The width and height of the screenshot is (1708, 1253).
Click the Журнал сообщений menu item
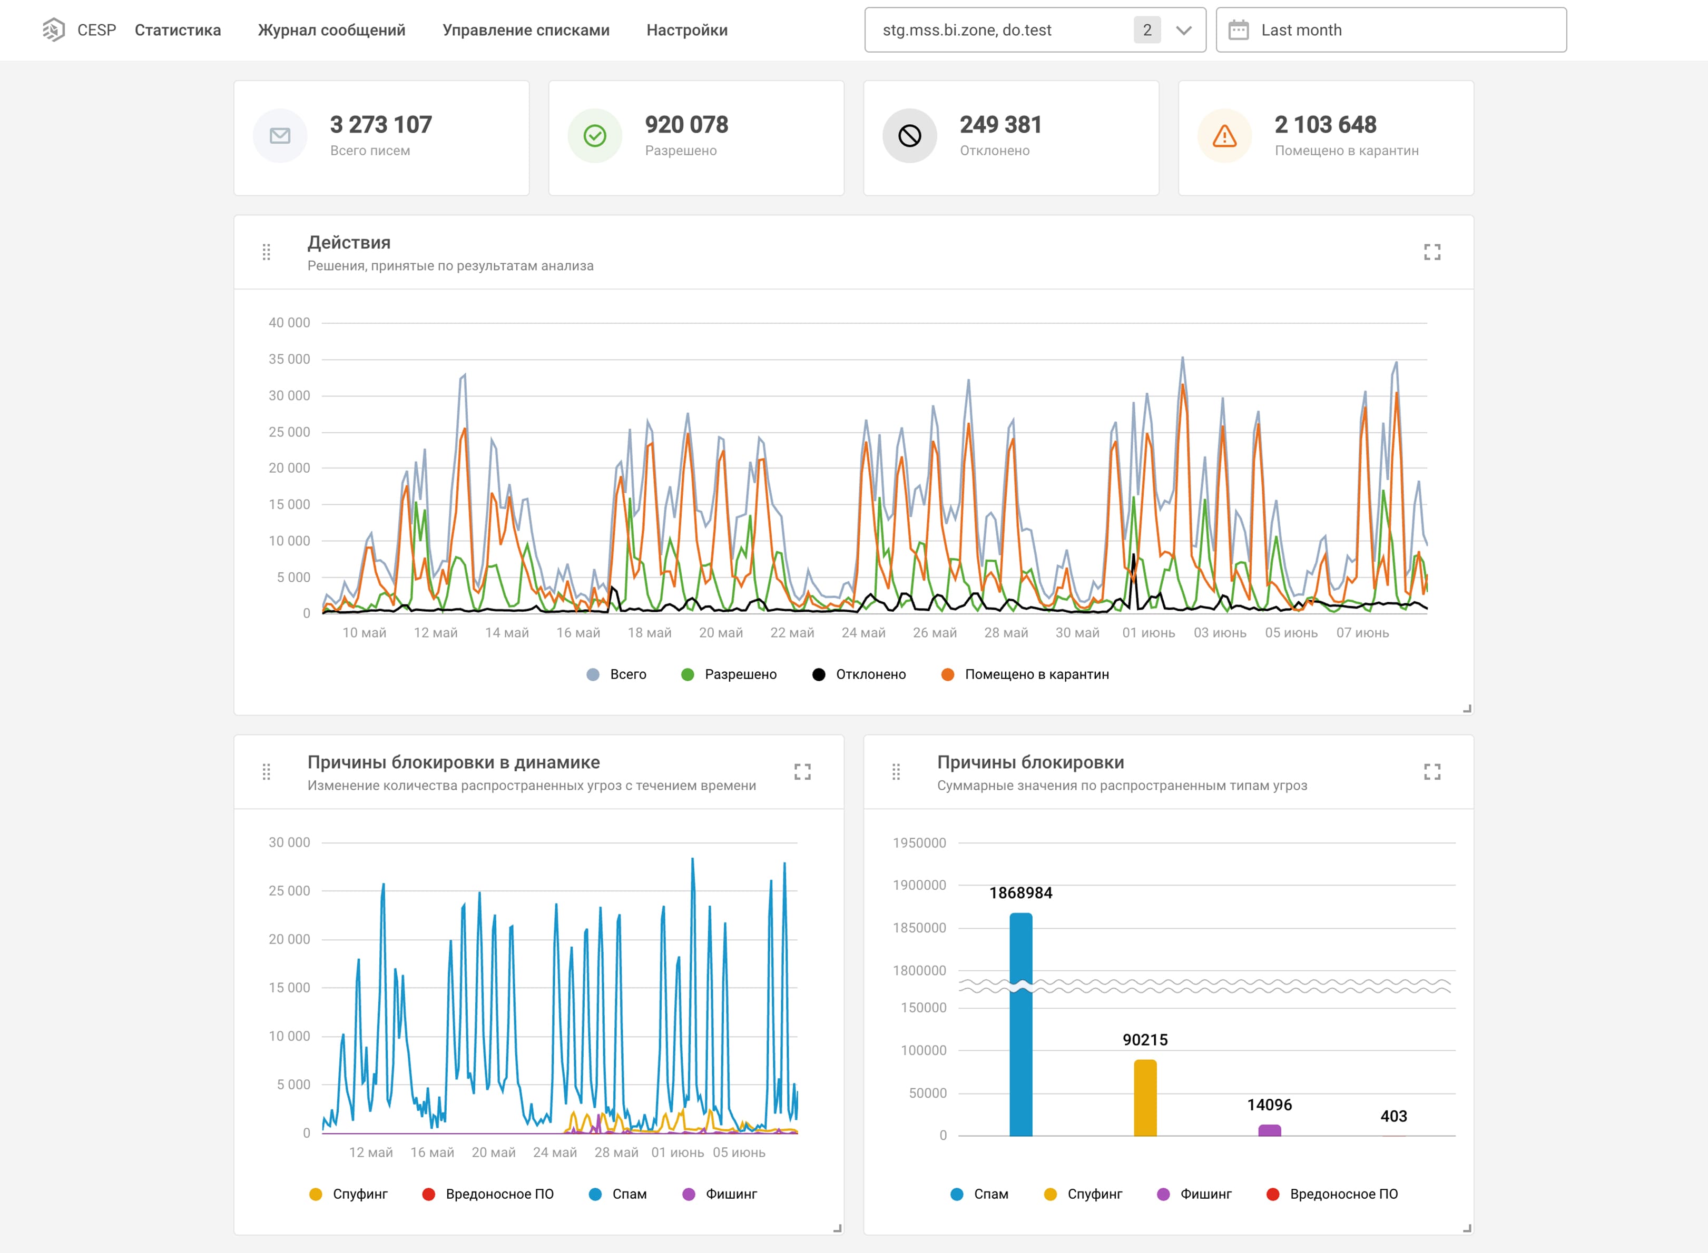pyautogui.click(x=331, y=31)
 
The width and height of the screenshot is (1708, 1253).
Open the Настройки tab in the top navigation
pyautogui.click(x=686, y=31)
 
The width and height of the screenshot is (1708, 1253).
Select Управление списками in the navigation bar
pyautogui.click(x=526, y=31)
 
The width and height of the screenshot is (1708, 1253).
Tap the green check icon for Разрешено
pyautogui.click(x=595, y=136)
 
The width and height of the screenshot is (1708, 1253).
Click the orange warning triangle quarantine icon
pyautogui.click(x=1225, y=136)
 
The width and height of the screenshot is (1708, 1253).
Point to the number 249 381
pyautogui.click(x=1001, y=124)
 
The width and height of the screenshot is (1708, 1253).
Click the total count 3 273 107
pyautogui.click(x=381, y=124)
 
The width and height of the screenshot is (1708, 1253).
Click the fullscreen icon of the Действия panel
pyautogui.click(x=1432, y=252)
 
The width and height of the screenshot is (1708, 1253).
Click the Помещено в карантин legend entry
pyautogui.click(x=1025, y=674)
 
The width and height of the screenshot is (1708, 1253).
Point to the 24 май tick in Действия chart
pyautogui.click(x=863, y=633)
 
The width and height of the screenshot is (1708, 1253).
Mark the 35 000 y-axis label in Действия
pyautogui.click(x=289, y=359)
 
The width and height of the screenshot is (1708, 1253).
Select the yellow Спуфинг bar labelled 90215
pyautogui.click(x=1145, y=1098)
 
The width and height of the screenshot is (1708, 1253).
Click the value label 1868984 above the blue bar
pyautogui.click(x=1020, y=893)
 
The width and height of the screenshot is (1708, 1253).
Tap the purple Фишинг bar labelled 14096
pyautogui.click(x=1270, y=1130)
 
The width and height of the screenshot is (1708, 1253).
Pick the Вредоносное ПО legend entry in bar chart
pyautogui.click(x=1332, y=1194)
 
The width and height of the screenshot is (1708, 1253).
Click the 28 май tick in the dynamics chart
pyautogui.click(x=616, y=1152)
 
